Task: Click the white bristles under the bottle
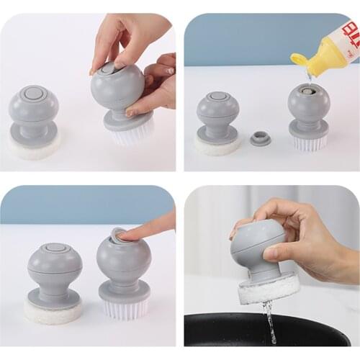309,143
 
